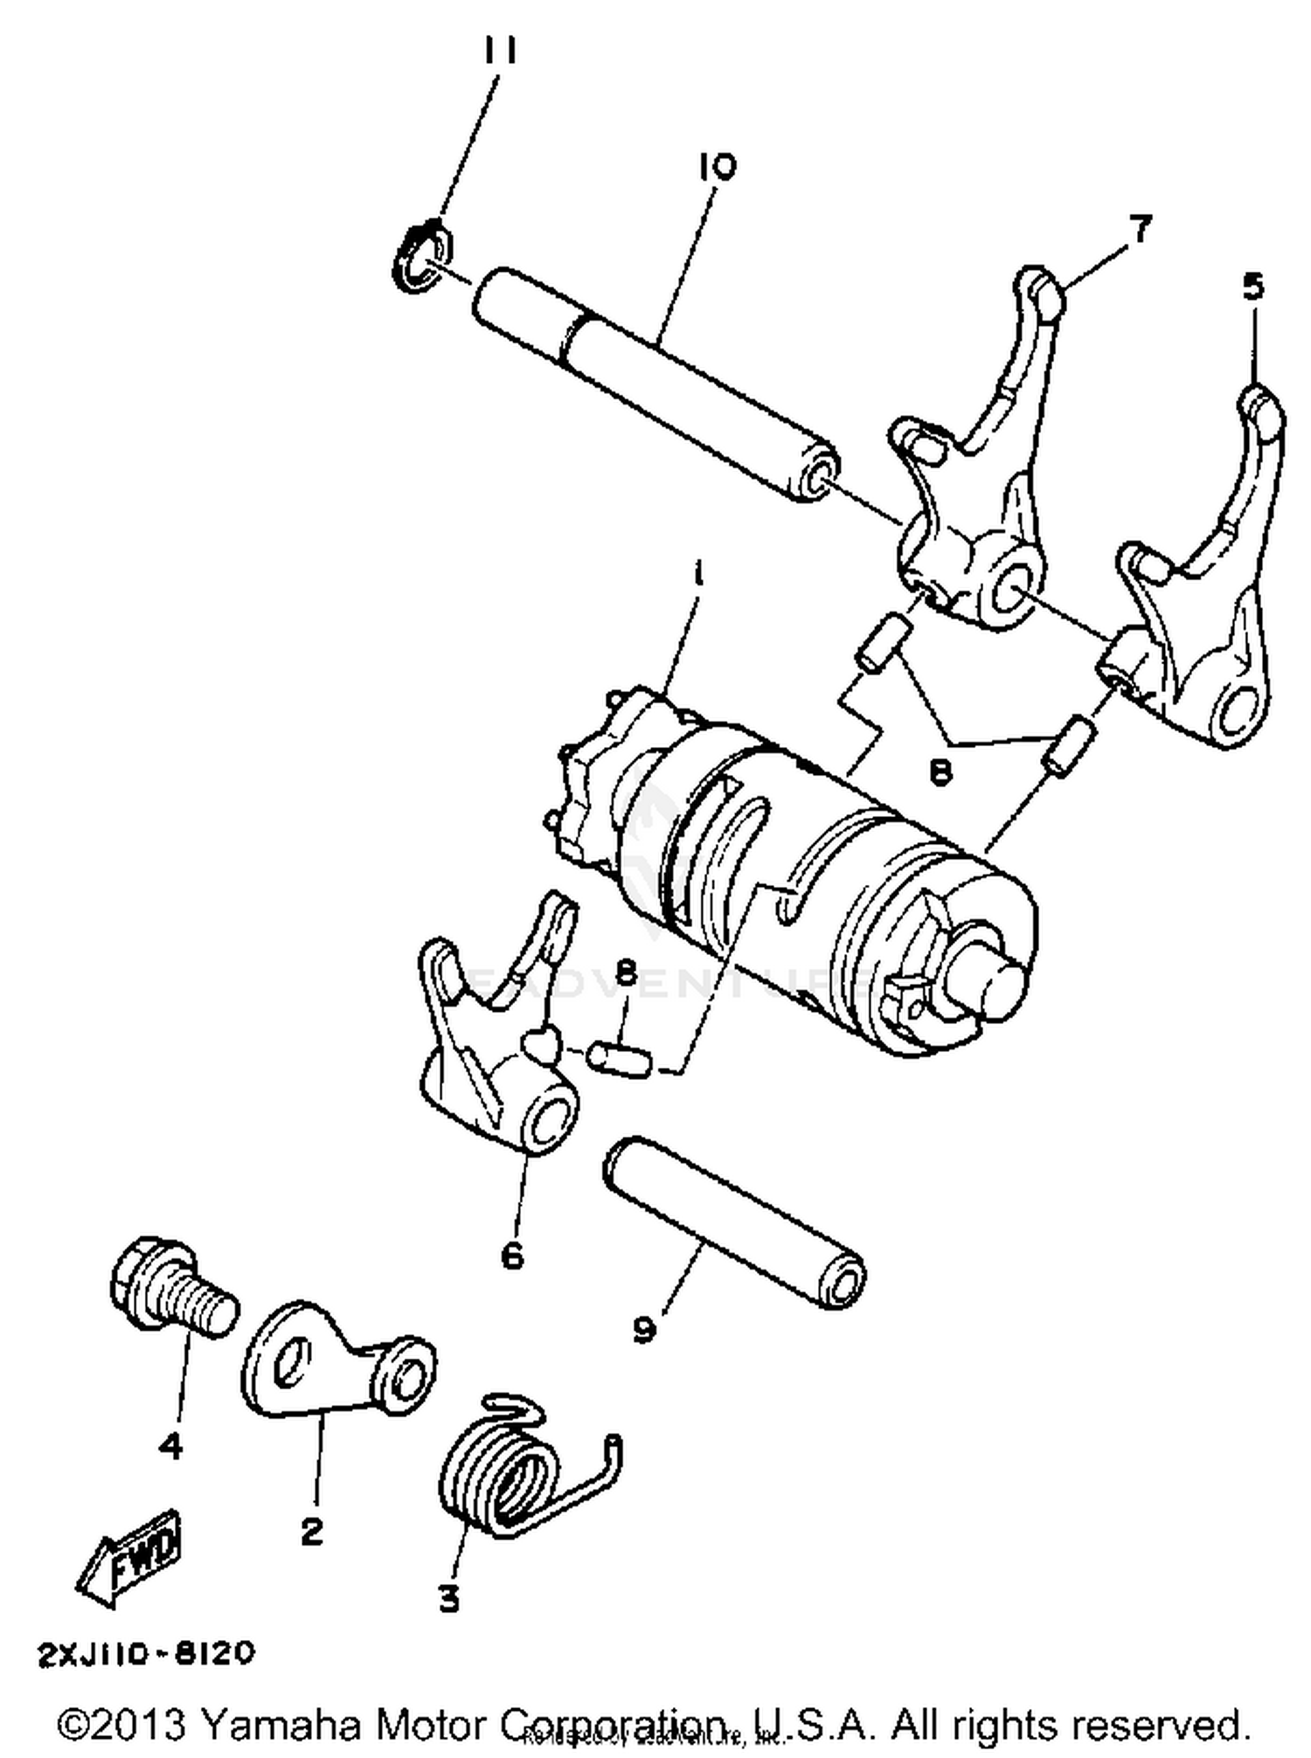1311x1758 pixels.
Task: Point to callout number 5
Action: click(1252, 287)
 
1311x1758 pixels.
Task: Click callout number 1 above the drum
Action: click(697, 576)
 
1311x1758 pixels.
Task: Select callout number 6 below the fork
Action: click(512, 1256)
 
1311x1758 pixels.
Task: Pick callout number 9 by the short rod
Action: click(644, 1331)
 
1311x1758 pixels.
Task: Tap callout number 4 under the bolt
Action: click(170, 1446)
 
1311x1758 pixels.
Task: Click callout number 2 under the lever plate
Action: click(311, 1531)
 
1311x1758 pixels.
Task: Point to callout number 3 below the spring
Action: click(448, 1599)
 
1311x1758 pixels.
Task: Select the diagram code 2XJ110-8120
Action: click(146, 1653)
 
